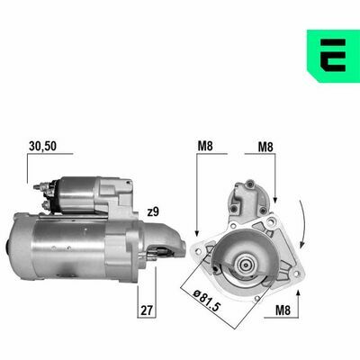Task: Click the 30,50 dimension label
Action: point(42,146)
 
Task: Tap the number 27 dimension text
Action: point(147,310)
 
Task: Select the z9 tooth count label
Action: point(153,212)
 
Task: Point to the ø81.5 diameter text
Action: point(207,301)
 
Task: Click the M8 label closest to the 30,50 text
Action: point(205,146)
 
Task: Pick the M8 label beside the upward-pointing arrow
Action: point(283,310)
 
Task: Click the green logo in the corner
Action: point(333,56)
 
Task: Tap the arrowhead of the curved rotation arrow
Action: point(302,245)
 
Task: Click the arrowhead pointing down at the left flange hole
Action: point(197,232)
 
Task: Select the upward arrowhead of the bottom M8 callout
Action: point(298,293)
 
